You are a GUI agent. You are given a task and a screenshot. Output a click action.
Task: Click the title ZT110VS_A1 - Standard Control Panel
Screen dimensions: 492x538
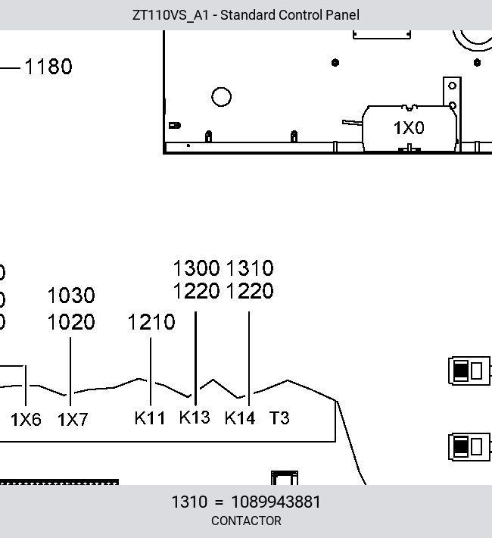[x=246, y=15]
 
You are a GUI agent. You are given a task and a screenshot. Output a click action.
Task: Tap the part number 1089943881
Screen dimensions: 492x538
[x=276, y=502]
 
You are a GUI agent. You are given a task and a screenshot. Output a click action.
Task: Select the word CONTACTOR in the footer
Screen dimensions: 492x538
[x=246, y=521]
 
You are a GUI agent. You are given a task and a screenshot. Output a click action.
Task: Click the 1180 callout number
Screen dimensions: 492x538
[x=48, y=66]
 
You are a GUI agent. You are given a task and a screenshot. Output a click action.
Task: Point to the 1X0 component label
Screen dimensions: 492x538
[x=409, y=128]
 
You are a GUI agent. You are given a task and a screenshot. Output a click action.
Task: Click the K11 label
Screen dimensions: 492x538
[x=150, y=418]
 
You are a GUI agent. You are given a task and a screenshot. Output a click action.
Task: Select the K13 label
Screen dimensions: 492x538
[x=195, y=418]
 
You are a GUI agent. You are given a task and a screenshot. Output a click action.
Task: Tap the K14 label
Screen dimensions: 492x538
[x=240, y=418]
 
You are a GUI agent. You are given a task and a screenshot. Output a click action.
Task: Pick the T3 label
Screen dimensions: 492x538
[x=279, y=418]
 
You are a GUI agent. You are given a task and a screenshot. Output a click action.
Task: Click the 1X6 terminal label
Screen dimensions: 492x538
[x=26, y=420]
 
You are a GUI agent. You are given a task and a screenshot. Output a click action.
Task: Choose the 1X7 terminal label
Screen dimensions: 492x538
[x=73, y=420]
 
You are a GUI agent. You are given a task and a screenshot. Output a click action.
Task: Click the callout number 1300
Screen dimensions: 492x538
[x=197, y=268]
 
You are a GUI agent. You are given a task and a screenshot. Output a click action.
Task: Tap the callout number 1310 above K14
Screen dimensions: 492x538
[x=250, y=268]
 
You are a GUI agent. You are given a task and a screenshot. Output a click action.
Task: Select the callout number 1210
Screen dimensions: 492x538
[x=151, y=322]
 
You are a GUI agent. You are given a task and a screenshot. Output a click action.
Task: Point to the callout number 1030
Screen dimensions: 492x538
[x=71, y=296]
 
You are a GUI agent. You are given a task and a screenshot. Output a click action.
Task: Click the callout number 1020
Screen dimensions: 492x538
[x=71, y=322]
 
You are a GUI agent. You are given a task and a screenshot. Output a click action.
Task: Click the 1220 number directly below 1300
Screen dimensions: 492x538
[x=197, y=291]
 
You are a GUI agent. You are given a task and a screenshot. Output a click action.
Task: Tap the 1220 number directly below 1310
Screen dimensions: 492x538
[x=250, y=291]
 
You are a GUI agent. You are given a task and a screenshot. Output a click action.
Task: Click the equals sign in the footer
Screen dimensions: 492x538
[x=219, y=502]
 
